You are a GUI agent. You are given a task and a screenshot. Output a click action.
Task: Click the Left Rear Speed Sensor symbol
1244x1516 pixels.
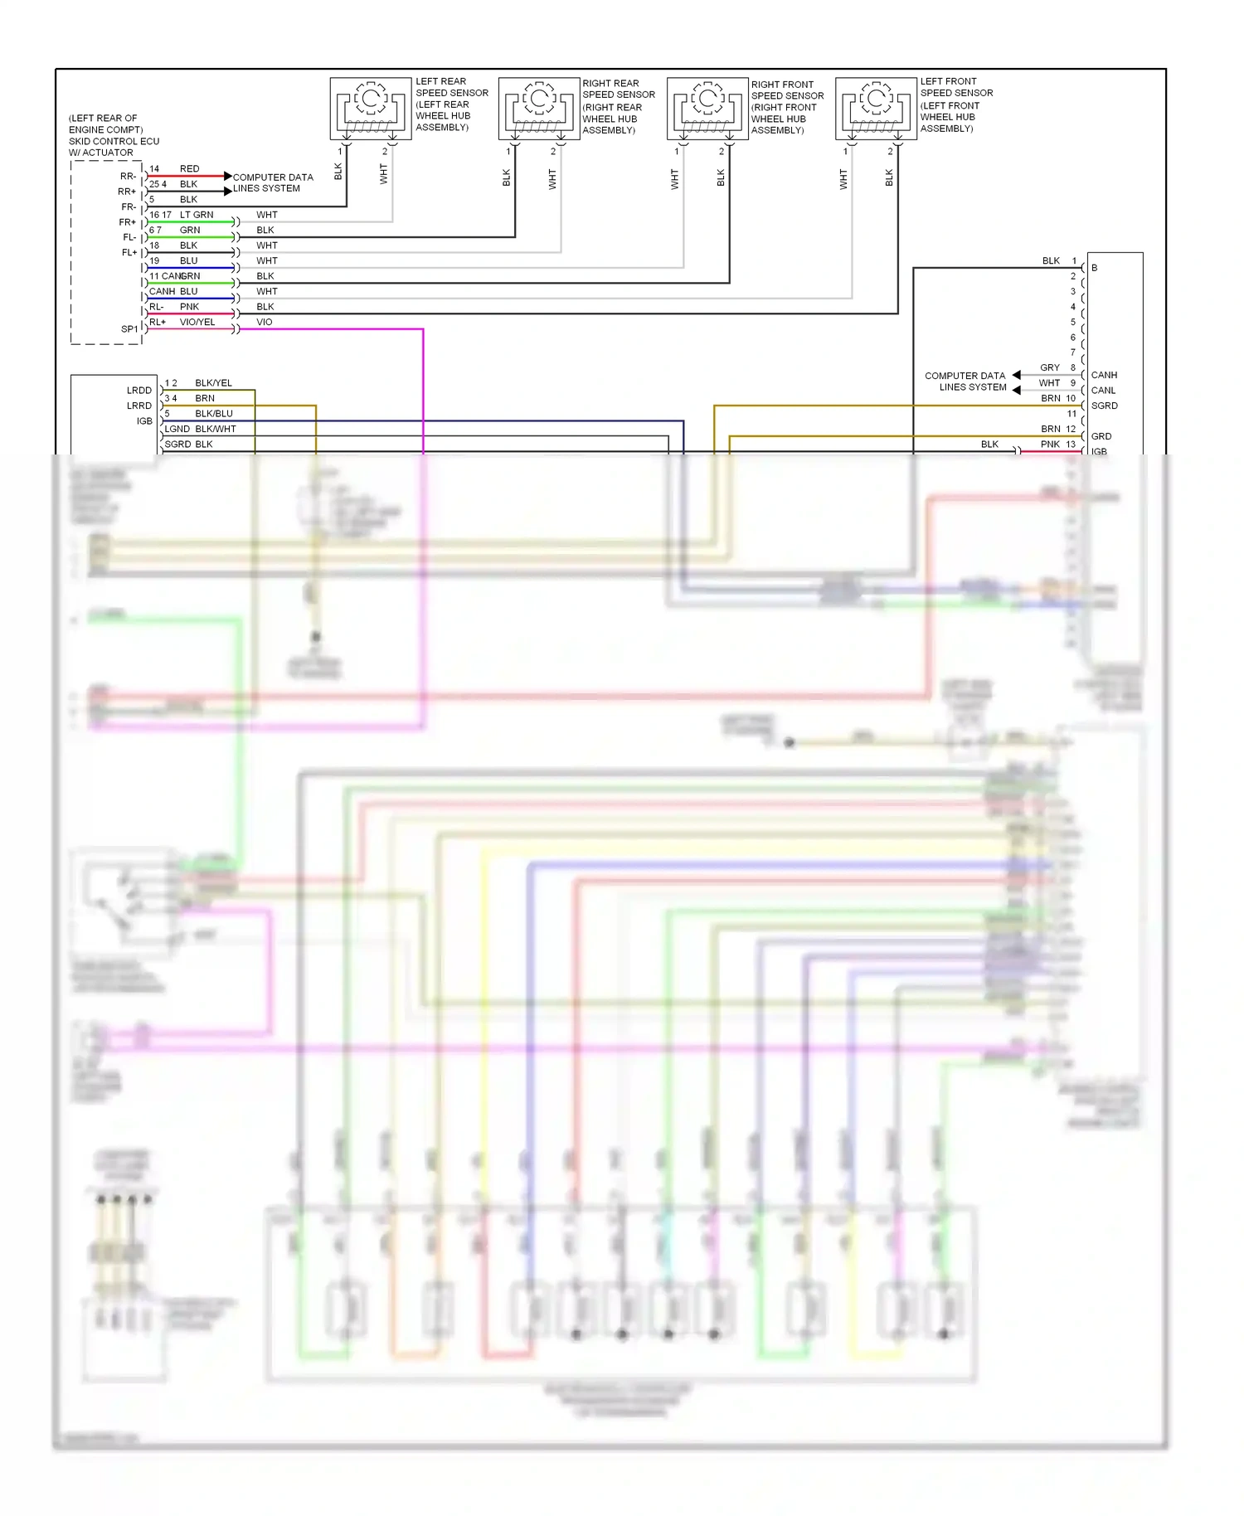pyautogui.click(x=371, y=109)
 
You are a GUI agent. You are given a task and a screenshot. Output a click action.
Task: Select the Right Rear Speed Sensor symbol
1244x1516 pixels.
pyautogui.click(x=539, y=109)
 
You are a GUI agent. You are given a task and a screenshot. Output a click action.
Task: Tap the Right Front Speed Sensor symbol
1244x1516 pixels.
pyautogui.click(x=707, y=109)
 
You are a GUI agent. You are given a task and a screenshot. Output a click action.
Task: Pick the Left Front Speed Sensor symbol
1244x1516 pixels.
pyautogui.click(x=876, y=109)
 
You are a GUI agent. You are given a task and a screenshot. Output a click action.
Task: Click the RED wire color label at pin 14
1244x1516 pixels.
pyautogui.click(x=189, y=168)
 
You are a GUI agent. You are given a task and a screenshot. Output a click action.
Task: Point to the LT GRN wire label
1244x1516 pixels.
pyautogui.click(x=197, y=215)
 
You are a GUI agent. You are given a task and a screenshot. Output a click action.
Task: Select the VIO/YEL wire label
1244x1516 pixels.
pyautogui.click(x=197, y=322)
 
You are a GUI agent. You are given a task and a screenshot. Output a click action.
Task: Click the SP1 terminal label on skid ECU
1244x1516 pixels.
pyautogui.click(x=129, y=329)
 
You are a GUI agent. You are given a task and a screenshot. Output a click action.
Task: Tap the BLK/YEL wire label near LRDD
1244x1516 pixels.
pyautogui.click(x=213, y=383)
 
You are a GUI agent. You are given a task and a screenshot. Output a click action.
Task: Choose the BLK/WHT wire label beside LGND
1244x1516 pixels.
pyautogui.click(x=216, y=429)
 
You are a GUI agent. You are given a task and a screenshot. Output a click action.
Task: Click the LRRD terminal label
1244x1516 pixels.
pyautogui.click(x=139, y=406)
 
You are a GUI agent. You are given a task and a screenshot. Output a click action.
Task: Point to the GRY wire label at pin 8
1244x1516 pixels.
pyautogui.click(x=1049, y=367)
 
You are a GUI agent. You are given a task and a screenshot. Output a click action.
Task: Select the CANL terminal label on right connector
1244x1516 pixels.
pyautogui.click(x=1103, y=391)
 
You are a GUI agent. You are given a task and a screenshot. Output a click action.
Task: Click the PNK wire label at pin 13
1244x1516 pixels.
pyautogui.click(x=1050, y=445)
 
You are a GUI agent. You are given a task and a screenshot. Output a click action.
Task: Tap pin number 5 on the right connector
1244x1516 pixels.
pyautogui.click(x=1072, y=322)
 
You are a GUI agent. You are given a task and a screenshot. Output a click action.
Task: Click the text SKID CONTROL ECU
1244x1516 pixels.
pyautogui.click(x=114, y=141)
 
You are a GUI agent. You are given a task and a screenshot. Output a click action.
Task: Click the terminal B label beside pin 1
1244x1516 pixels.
pyautogui.click(x=1095, y=268)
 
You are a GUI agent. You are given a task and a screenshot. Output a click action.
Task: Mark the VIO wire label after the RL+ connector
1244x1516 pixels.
pyautogui.click(x=264, y=322)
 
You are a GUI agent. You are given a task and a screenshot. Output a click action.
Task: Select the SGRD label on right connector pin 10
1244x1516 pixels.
pyautogui.click(x=1104, y=406)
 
